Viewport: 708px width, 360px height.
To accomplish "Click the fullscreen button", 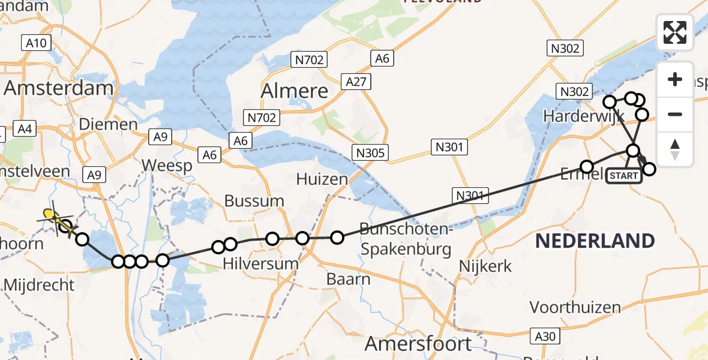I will [675, 32].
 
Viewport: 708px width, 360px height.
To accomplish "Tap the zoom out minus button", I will [675, 114].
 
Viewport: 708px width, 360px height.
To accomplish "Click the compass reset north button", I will [675, 149].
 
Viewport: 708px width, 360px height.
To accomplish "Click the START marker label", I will [623, 176].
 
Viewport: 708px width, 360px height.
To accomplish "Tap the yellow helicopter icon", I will [55, 218].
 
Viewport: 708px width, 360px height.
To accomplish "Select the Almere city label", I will [295, 91].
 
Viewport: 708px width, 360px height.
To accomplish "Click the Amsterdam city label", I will [58, 88].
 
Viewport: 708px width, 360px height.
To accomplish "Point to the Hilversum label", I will [261, 263].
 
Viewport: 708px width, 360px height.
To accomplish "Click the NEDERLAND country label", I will [595, 241].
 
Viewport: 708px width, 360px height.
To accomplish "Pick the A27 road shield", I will [356, 82].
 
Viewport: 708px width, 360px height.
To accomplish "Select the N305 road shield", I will [371, 152].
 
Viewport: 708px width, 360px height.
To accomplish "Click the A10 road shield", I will [37, 43].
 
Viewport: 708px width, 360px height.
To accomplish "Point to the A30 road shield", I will [545, 336].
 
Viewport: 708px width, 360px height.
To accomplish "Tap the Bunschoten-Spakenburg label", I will [405, 238].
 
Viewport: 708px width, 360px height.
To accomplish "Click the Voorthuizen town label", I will [575, 308].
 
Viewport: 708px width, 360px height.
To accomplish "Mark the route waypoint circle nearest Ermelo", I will [587, 166].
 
